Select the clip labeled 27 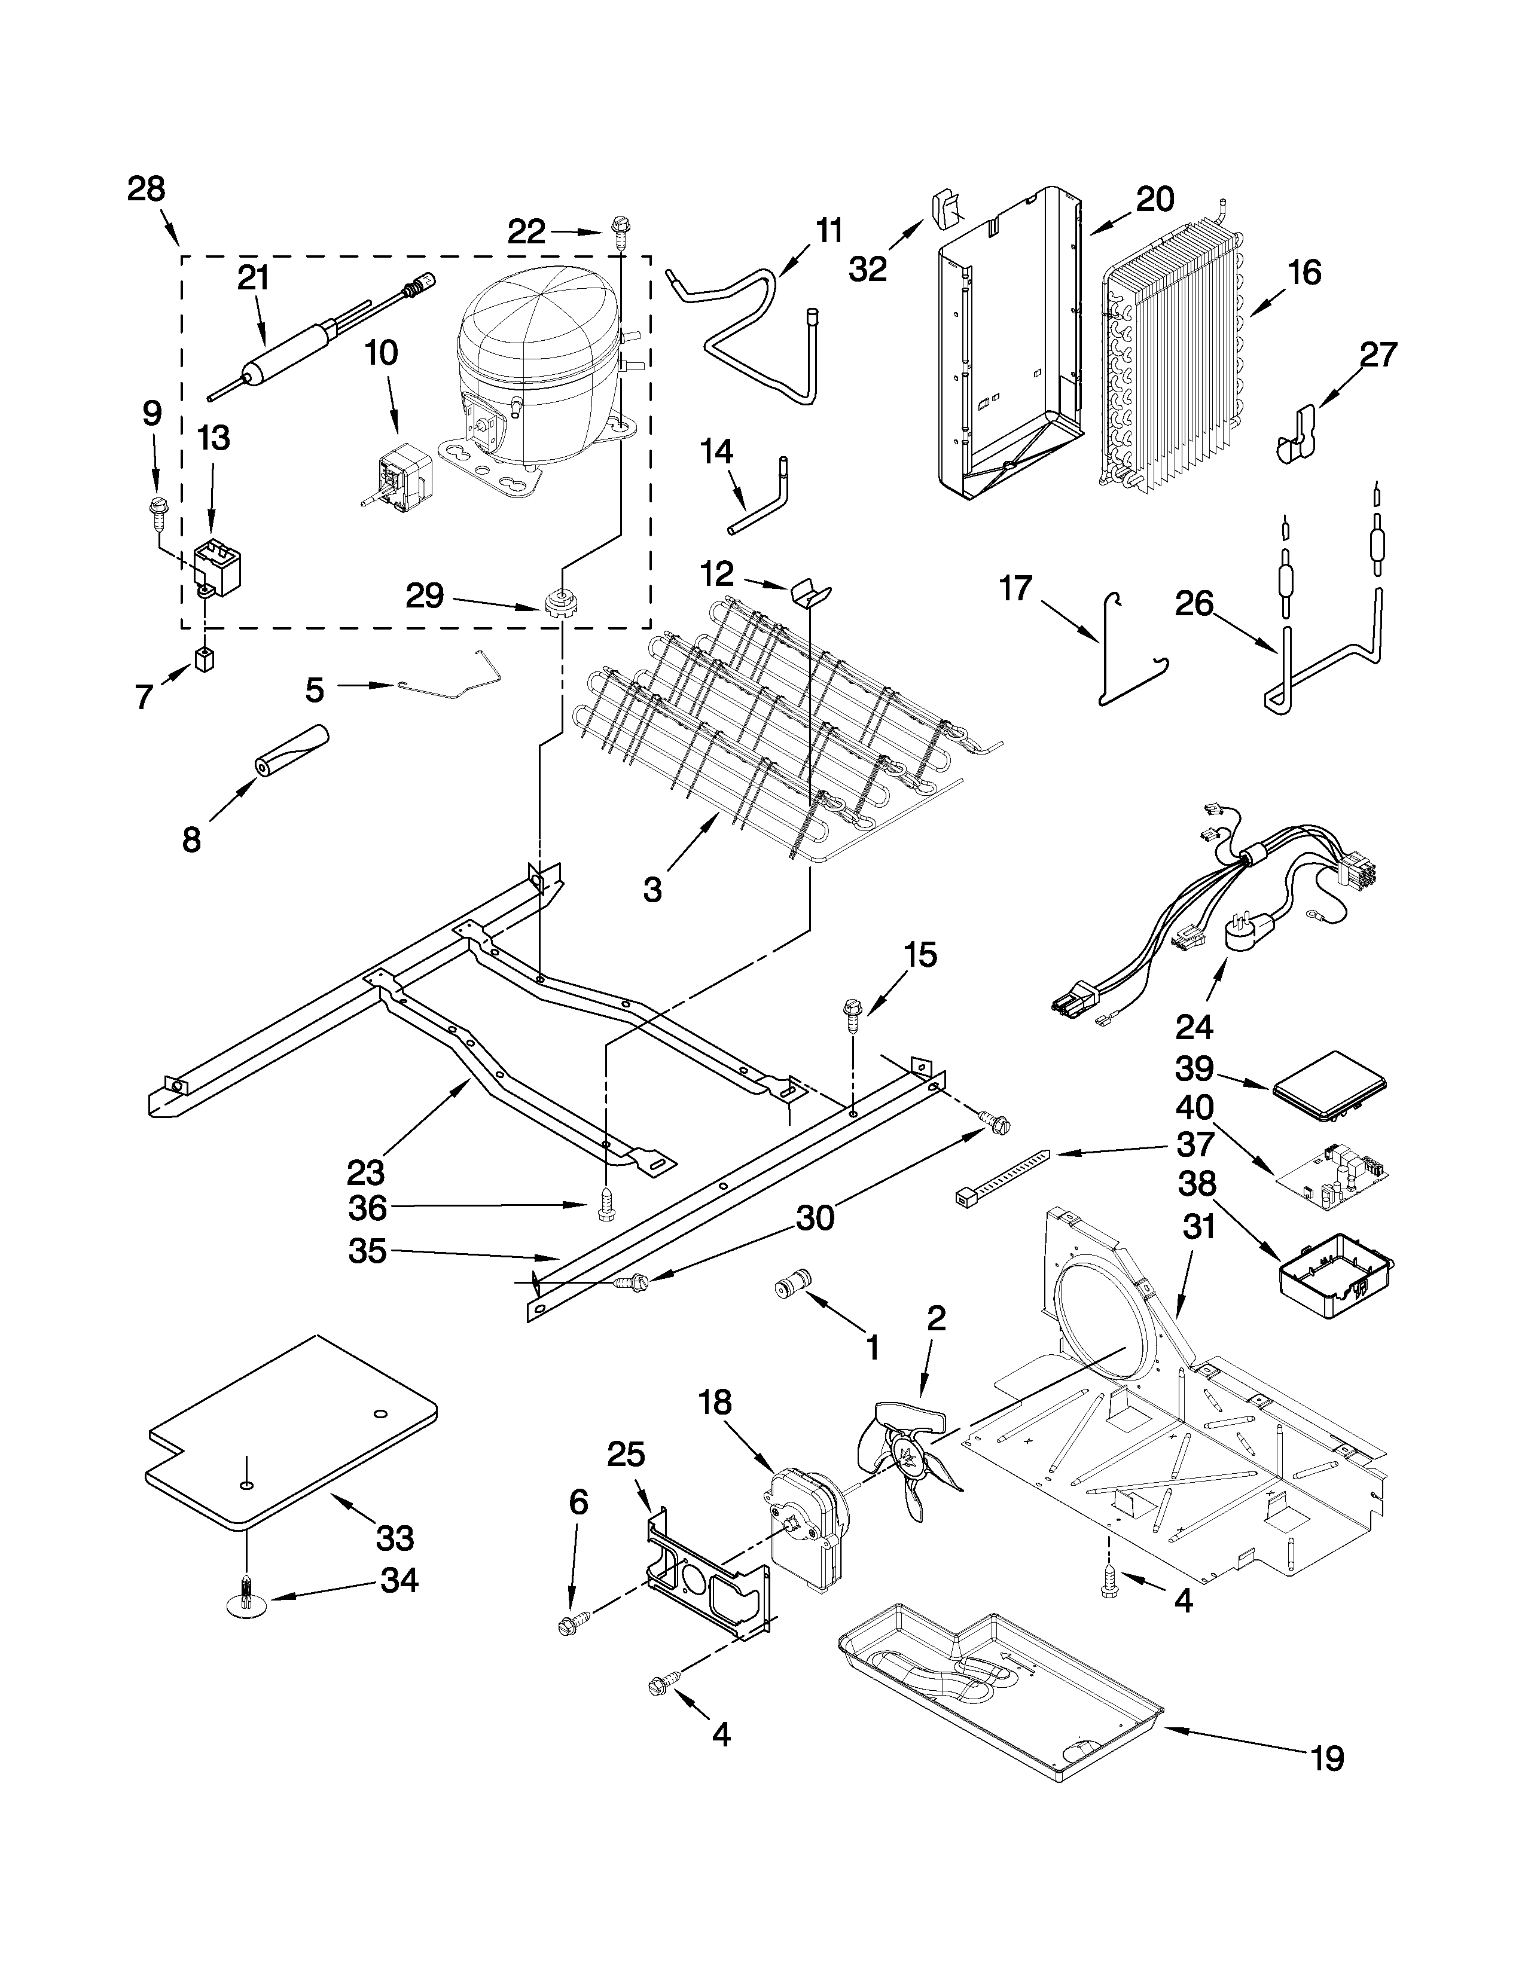(1298, 433)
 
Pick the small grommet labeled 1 (793, 1283)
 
